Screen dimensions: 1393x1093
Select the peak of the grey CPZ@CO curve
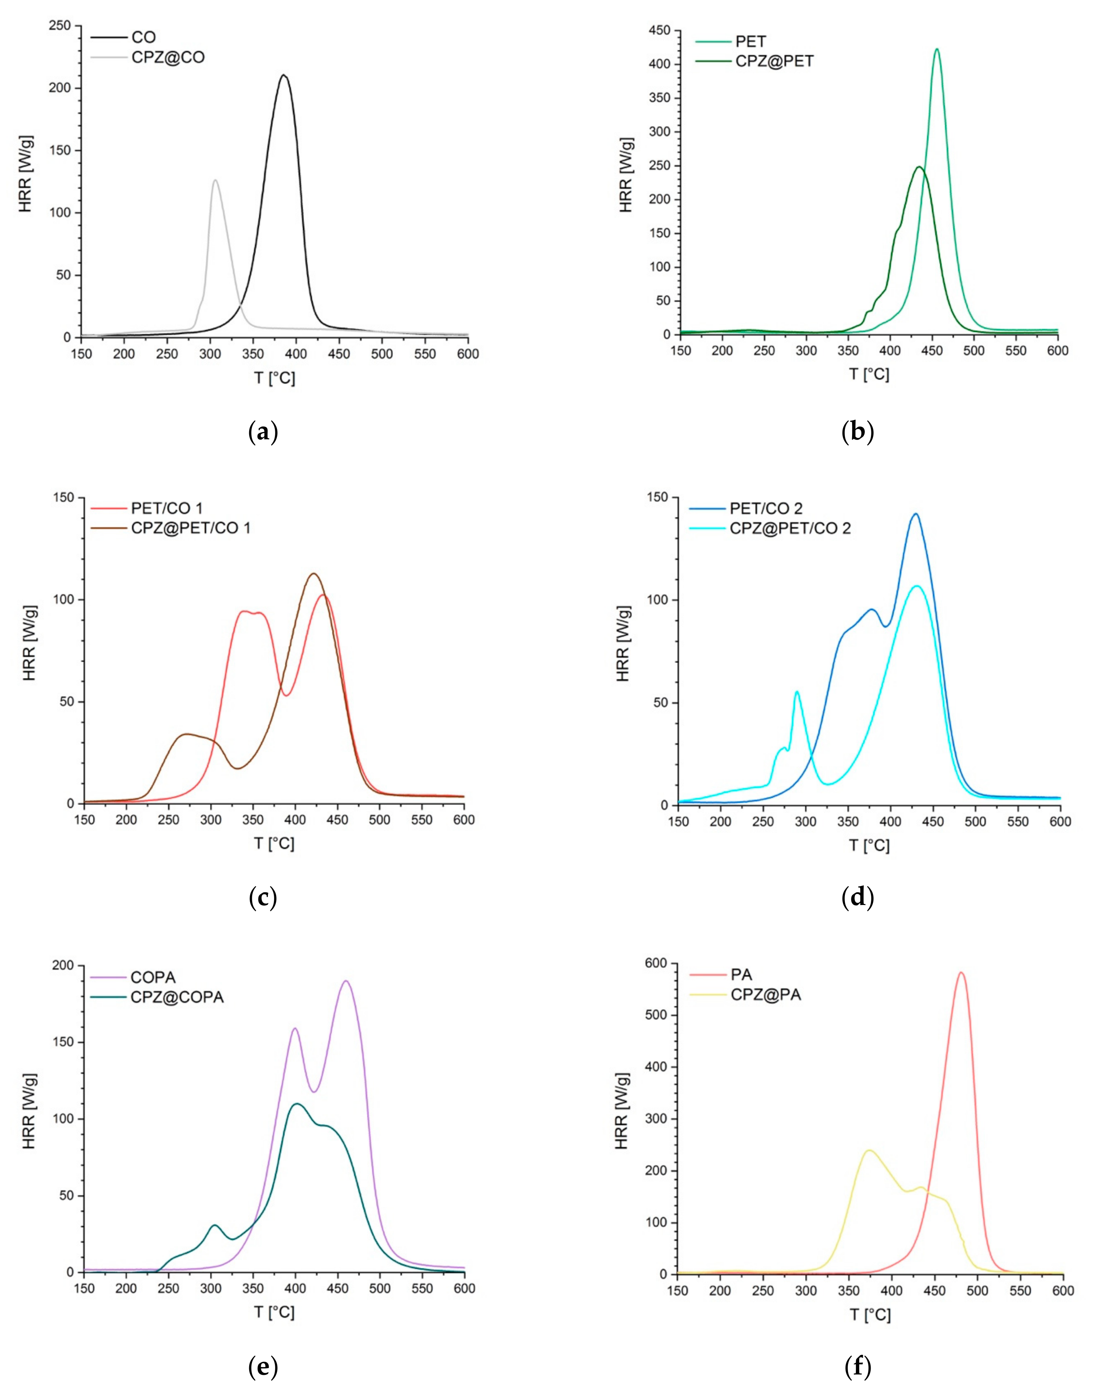(x=216, y=181)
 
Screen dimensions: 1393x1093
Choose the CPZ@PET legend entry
(x=774, y=61)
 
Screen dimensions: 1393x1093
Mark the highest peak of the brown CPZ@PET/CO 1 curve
(x=314, y=574)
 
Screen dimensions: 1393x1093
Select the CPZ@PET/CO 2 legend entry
(x=790, y=529)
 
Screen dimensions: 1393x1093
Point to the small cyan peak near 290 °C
(x=797, y=692)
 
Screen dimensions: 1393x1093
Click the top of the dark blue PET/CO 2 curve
(x=916, y=514)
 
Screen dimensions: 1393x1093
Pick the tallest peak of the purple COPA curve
(x=346, y=981)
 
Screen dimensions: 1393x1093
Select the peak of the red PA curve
(x=961, y=973)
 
